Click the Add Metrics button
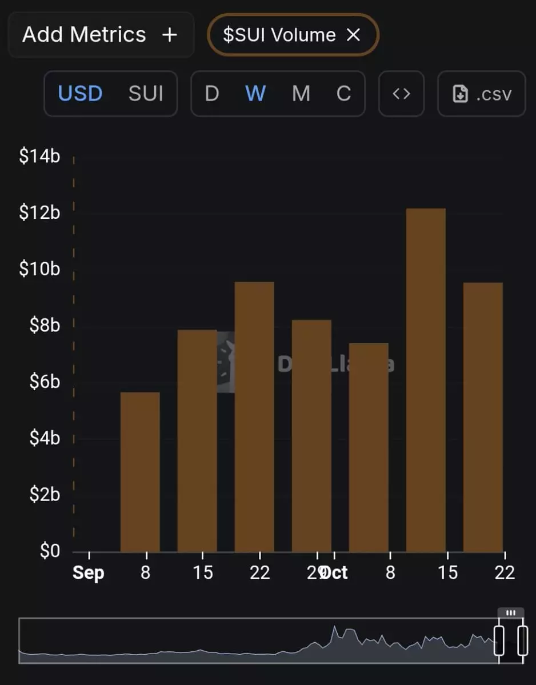pyautogui.click(x=101, y=35)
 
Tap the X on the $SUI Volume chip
pyautogui.click(x=354, y=35)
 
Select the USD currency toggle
pyautogui.click(x=80, y=93)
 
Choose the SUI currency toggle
pyautogui.click(x=146, y=93)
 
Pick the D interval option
pyautogui.click(x=212, y=93)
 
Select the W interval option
pyautogui.click(x=255, y=93)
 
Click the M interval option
pyautogui.click(x=301, y=93)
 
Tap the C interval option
pyautogui.click(x=343, y=93)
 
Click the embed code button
pyautogui.click(x=401, y=93)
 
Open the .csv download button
pyautogui.click(x=481, y=93)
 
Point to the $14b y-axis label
pyautogui.click(x=39, y=156)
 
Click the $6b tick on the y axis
pyautogui.click(x=45, y=382)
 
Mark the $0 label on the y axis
pyautogui.click(x=49, y=551)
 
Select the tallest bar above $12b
pyautogui.click(x=426, y=377)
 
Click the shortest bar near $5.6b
pyautogui.click(x=140, y=471)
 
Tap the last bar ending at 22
pyautogui.click(x=483, y=417)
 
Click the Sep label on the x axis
pyautogui.click(x=89, y=572)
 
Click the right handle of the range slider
pyautogui.click(x=522, y=640)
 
